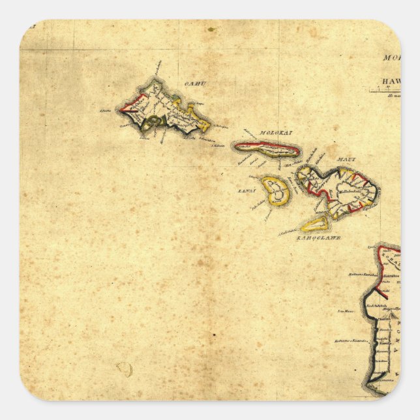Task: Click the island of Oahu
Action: (168, 110)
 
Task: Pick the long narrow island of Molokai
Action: (267, 151)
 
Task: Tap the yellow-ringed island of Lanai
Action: (277, 190)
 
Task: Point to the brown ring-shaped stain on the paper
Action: (124, 370)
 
